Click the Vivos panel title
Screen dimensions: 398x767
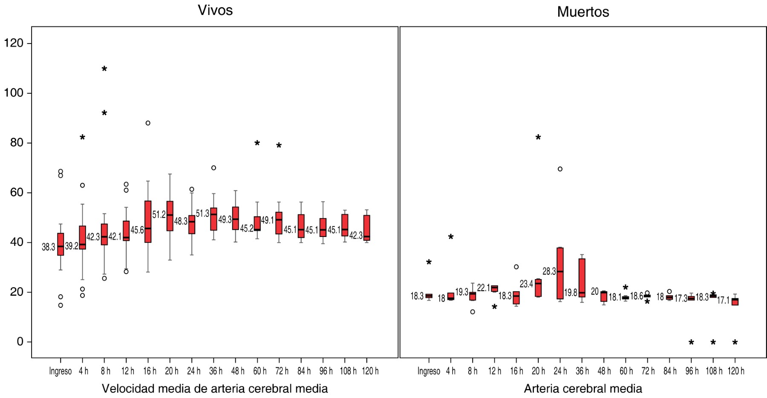tap(215, 10)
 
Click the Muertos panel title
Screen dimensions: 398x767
tap(583, 12)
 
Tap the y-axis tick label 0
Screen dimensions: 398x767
tap(20, 342)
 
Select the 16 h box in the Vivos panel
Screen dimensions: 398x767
tap(148, 222)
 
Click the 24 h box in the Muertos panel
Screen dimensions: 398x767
tap(560, 273)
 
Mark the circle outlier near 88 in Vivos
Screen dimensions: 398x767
tap(148, 123)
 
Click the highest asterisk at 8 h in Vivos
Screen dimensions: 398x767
tap(104, 69)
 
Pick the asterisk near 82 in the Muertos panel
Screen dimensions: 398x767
tap(538, 138)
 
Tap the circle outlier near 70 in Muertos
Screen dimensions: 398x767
tap(560, 169)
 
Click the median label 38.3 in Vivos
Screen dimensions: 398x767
tap(48, 247)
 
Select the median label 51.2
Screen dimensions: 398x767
tap(159, 215)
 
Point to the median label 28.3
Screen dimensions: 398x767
tap(549, 271)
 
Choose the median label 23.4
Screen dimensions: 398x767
tap(526, 284)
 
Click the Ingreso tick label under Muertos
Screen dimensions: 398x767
tap(429, 371)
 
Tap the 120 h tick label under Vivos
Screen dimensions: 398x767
tap(370, 371)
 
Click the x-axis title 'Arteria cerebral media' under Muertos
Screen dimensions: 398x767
tap(583, 389)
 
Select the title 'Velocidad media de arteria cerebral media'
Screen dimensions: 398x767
tap(215, 389)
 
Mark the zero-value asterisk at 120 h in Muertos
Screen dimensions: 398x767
tap(735, 343)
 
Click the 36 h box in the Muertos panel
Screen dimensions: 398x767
tap(582, 277)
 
